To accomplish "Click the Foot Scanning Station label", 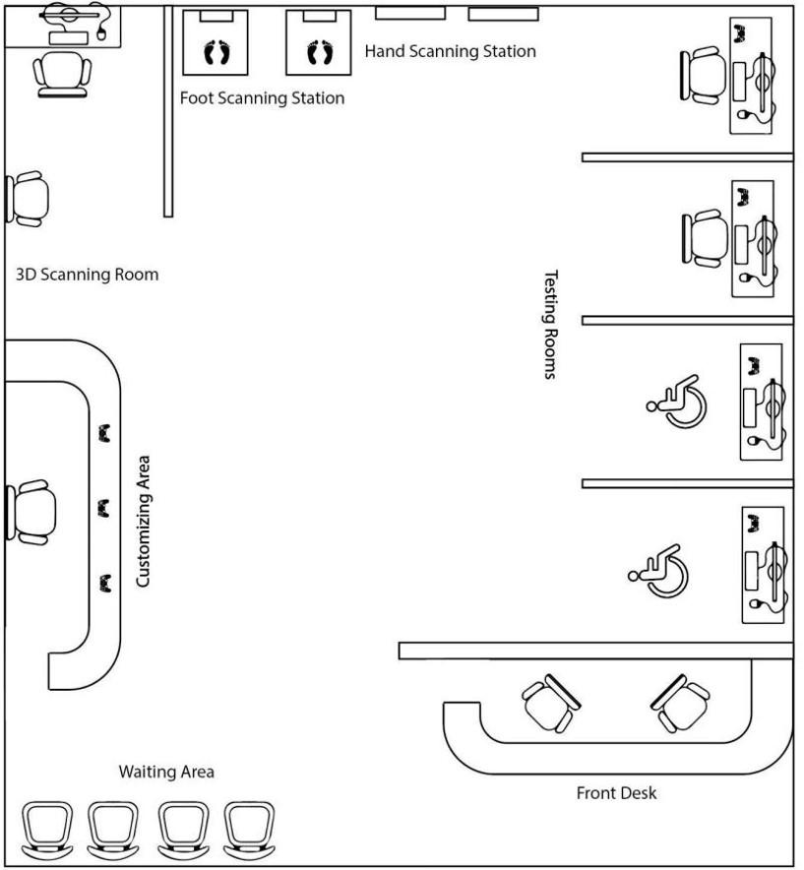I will pyautogui.click(x=262, y=98).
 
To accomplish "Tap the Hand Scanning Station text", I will pyautogui.click(x=451, y=51).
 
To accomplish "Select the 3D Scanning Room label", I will pyautogui.click(x=87, y=275).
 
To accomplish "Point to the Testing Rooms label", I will pyautogui.click(x=551, y=325).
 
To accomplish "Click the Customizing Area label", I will pyautogui.click(x=143, y=521).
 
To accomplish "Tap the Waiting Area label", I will pyautogui.click(x=166, y=772).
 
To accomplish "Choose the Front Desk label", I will pyautogui.click(x=616, y=792).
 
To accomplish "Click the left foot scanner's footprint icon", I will pyautogui.click(x=216, y=51).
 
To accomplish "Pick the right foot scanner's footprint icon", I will pyautogui.click(x=319, y=51).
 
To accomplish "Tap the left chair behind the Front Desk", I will pyautogui.click(x=547, y=703).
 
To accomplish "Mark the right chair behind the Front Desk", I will pyautogui.click(x=680, y=703).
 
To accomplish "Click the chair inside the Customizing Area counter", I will pyautogui.click(x=32, y=512).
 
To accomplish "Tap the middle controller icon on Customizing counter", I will pyautogui.click(x=104, y=508).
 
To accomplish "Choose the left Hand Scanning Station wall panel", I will pyautogui.click(x=409, y=14).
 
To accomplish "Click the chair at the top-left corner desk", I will pyautogui.click(x=61, y=72).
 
